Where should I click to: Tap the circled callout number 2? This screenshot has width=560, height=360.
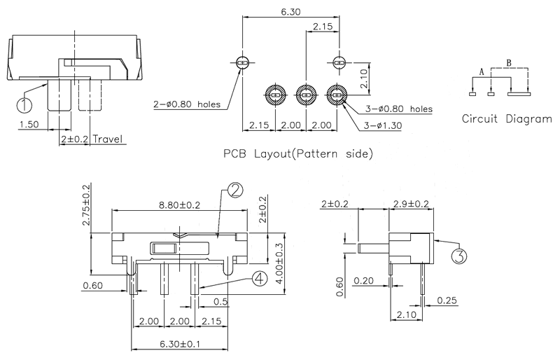[x=235, y=190]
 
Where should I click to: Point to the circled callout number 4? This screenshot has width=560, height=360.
[x=259, y=279]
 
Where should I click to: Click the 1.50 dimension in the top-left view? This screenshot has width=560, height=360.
[x=29, y=125]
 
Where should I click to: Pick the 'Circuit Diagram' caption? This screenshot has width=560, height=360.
[x=507, y=118]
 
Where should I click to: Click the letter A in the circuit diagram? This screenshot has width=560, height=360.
[x=482, y=71]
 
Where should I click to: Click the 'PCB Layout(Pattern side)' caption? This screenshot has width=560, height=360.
[x=297, y=152]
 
